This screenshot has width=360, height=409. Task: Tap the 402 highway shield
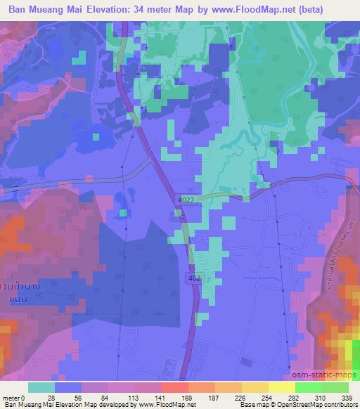pos(195,279)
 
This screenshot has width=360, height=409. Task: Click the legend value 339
pos(347,397)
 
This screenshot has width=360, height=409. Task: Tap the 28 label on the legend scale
pos(51,397)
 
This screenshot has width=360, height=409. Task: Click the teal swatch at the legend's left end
pos(41,387)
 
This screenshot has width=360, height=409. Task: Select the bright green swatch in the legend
pos(309,387)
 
